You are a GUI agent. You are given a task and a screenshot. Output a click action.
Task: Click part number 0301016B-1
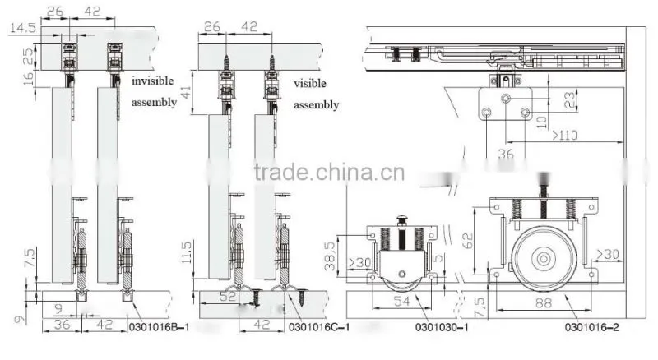click(159, 327)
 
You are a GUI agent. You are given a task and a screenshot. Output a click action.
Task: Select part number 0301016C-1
click(319, 327)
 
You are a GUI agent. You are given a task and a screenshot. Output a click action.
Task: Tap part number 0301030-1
click(442, 327)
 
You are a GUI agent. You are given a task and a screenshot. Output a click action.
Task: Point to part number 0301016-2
click(591, 327)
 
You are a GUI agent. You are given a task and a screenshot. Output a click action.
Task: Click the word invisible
click(152, 81)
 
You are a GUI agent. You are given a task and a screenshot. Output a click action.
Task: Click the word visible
click(310, 84)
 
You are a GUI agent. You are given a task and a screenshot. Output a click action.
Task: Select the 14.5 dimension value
click(23, 28)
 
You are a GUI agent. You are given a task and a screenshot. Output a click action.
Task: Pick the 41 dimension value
click(186, 92)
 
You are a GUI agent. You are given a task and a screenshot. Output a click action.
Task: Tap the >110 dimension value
click(564, 135)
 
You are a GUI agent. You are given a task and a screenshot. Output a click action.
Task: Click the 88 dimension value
click(544, 302)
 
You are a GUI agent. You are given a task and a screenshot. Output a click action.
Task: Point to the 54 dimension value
click(401, 301)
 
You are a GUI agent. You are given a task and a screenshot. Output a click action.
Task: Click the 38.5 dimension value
click(330, 256)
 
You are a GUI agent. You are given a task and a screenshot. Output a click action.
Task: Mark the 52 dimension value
click(228, 297)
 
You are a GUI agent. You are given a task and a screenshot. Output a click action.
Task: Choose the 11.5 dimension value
click(187, 252)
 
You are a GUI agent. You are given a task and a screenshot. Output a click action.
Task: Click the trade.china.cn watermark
click(330, 173)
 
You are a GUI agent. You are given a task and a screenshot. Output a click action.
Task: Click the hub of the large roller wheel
click(544, 259)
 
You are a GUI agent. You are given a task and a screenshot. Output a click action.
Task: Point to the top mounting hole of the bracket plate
click(506, 99)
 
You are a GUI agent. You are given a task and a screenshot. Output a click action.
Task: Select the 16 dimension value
click(29, 78)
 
